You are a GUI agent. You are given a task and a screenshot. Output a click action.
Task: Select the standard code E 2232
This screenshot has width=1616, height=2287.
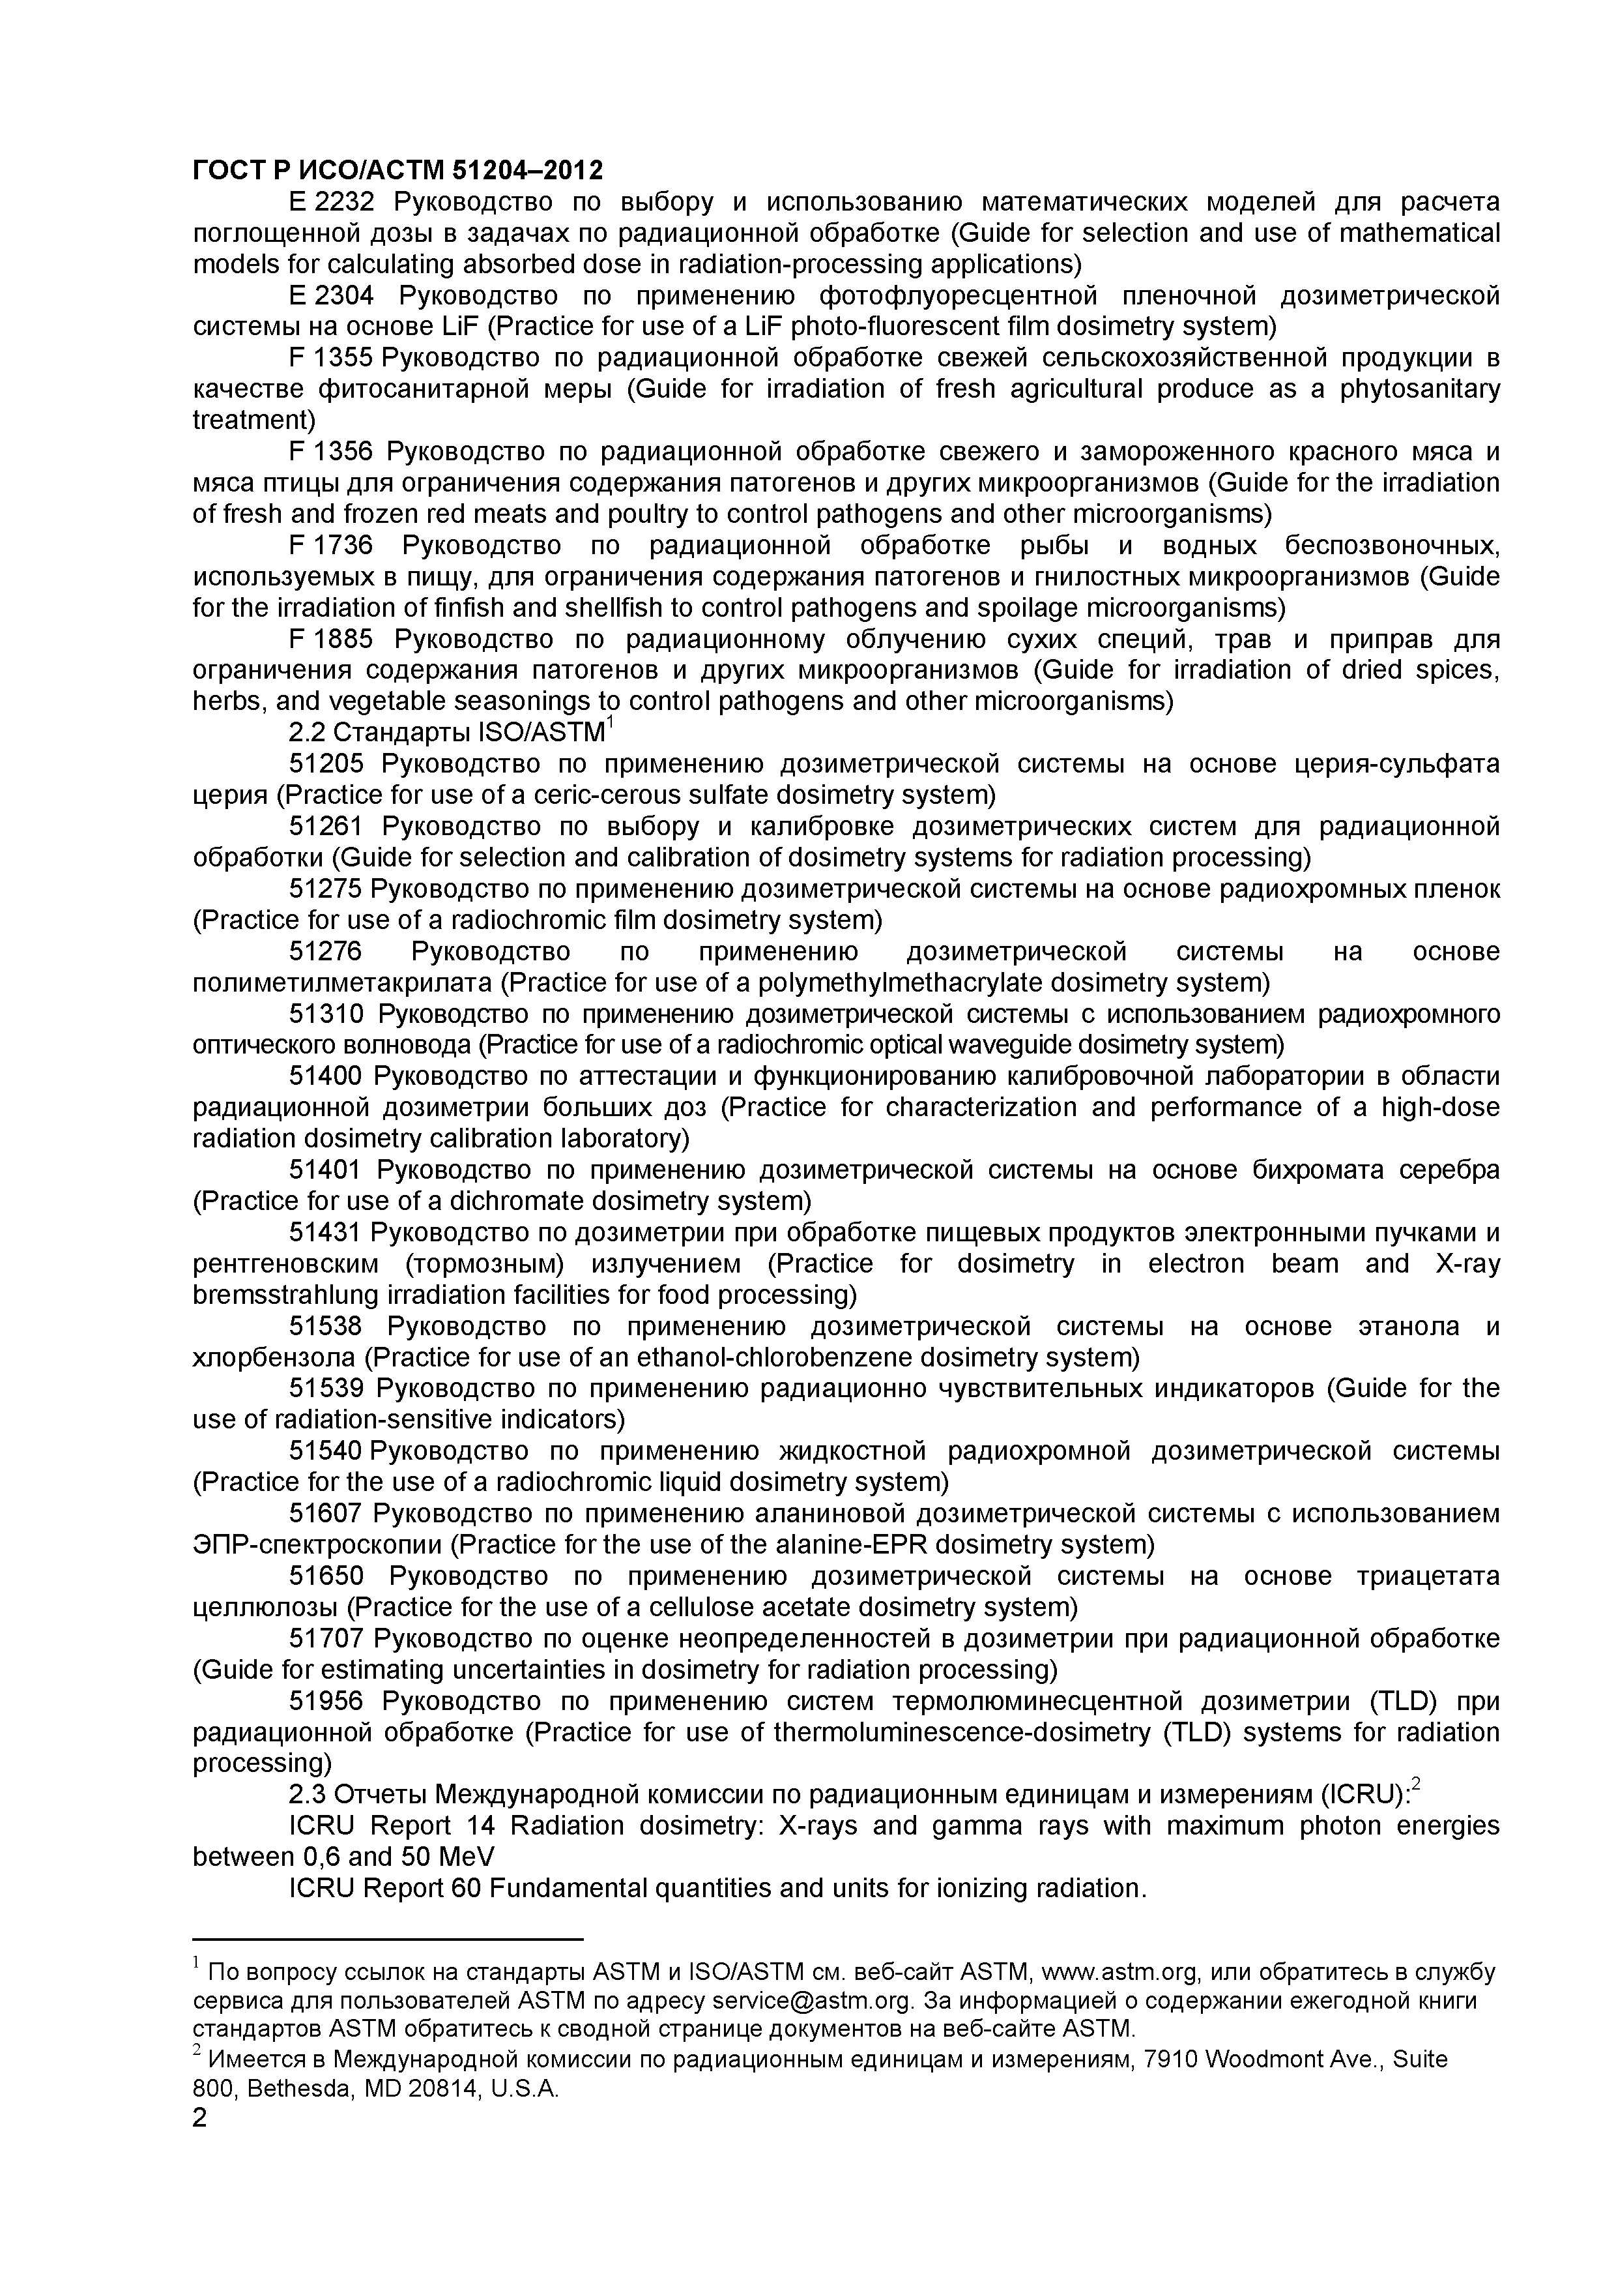[330, 203]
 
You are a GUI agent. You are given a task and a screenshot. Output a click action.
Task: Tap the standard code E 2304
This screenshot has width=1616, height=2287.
[330, 296]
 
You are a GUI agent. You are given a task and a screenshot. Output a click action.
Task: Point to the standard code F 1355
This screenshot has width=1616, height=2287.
[330, 359]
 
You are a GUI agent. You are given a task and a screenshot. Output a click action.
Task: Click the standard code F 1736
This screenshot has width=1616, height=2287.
[330, 546]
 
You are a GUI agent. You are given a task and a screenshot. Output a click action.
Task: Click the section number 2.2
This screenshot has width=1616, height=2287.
[307, 733]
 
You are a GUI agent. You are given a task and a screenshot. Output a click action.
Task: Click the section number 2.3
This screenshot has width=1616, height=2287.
[307, 1795]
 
